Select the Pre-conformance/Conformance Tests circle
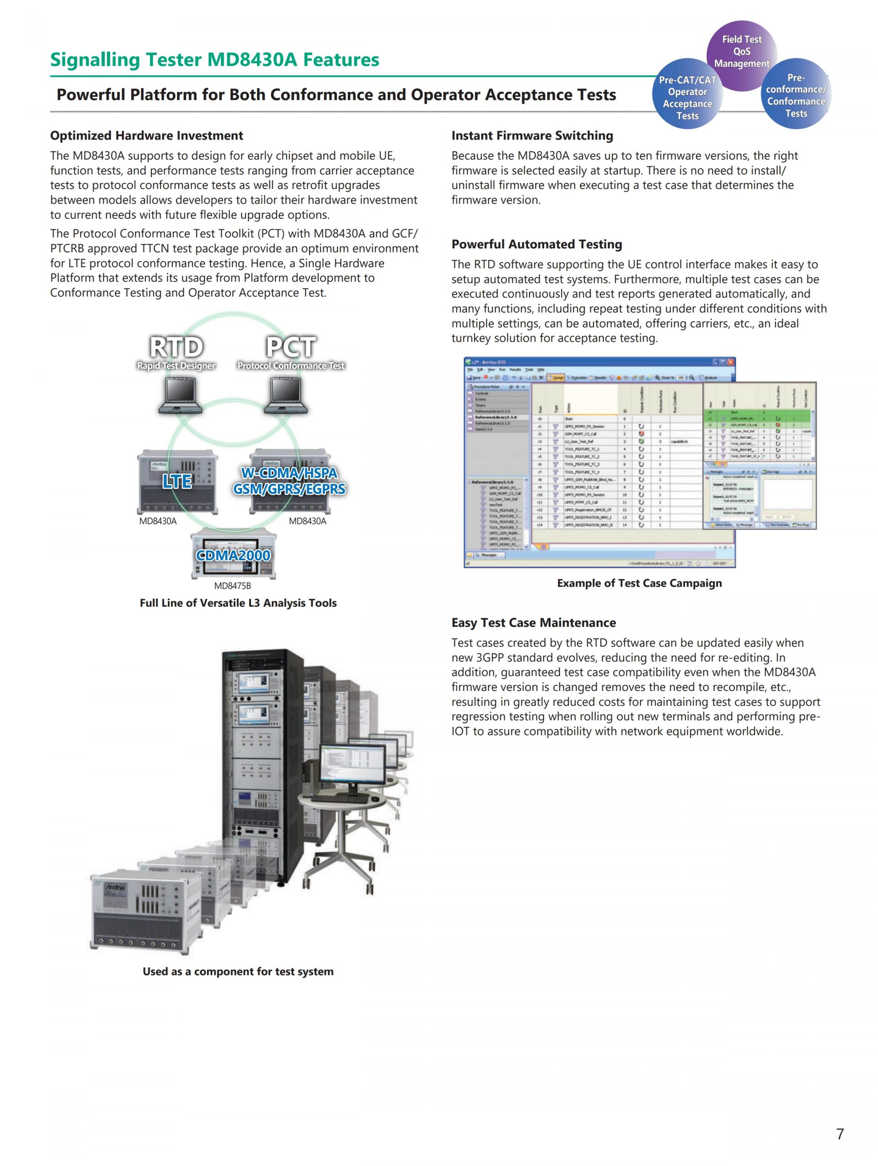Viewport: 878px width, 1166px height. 796,96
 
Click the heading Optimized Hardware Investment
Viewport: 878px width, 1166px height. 146,135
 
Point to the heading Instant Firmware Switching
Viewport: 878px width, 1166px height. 532,135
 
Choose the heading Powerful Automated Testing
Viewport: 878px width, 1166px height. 536,244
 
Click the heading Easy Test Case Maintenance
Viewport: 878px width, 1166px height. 533,622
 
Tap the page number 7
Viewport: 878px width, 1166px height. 840,1134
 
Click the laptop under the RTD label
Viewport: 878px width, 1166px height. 180,396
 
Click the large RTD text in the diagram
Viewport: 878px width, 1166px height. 176,347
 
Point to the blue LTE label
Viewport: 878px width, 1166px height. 177,481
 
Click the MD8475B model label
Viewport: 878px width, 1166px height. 232,586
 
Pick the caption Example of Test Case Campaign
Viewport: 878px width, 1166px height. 639,583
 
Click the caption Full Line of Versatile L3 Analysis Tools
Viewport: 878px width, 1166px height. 238,603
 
